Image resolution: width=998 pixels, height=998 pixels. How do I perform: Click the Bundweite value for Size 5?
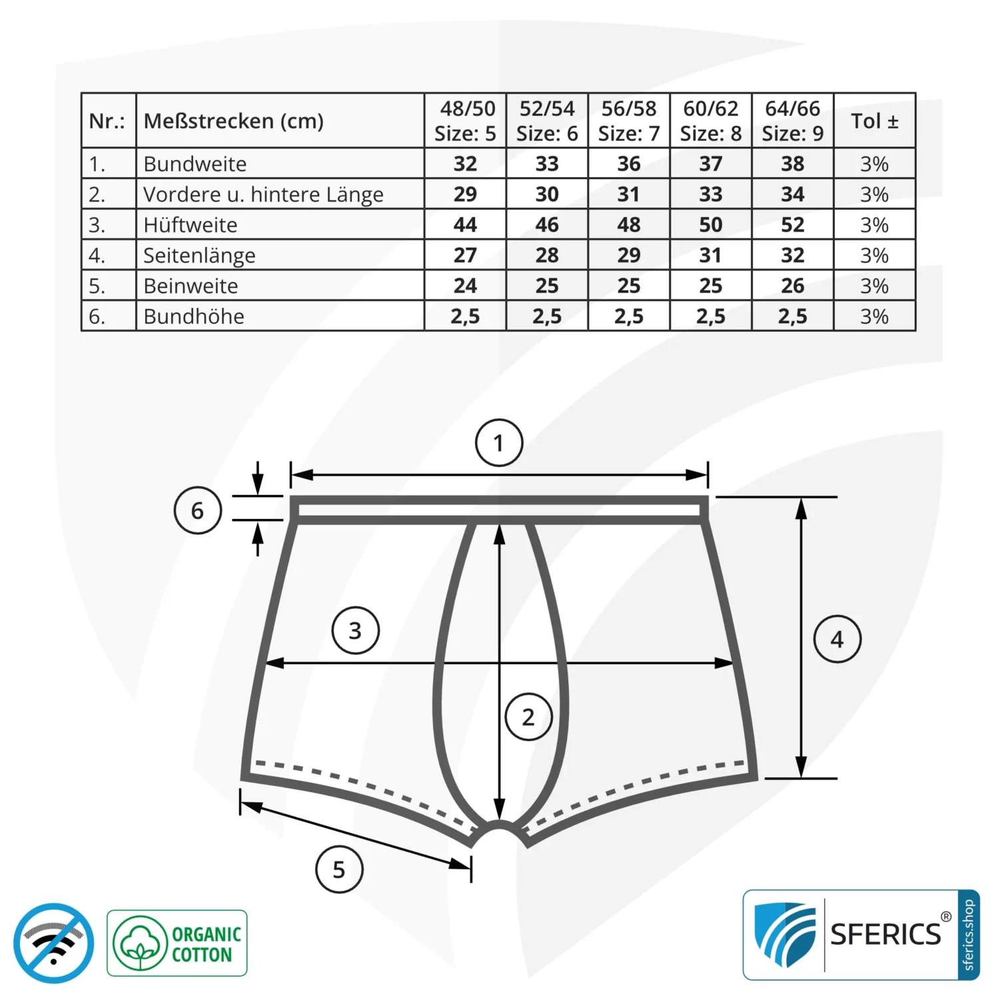coord(465,164)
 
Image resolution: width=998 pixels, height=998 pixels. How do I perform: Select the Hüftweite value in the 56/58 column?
coord(629,225)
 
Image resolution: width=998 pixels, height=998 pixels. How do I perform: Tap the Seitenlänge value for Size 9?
coord(792,255)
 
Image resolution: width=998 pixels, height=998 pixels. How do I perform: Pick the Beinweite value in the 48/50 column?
coord(465,286)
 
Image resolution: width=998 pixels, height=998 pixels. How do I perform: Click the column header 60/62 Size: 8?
coord(711,120)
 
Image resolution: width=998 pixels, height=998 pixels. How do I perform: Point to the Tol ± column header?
coord(874,121)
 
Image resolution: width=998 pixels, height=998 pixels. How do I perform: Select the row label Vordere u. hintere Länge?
coord(263,194)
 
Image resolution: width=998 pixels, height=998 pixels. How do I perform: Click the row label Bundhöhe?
coord(194,317)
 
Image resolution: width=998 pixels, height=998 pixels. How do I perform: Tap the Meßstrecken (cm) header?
coord(234,121)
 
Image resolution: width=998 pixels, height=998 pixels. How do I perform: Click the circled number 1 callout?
coord(499,443)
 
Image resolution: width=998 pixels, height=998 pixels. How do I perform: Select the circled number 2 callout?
coord(528,717)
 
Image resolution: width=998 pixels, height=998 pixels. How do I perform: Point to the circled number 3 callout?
coord(355,630)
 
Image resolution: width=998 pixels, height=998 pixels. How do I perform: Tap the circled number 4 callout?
coord(837,639)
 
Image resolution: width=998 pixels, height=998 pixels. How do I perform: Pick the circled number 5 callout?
coord(339,870)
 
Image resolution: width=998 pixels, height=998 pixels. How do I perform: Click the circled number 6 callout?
coord(198,510)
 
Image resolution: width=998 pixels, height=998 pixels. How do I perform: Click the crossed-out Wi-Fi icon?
coord(53,943)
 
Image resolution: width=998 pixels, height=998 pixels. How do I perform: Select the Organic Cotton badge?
coord(177,943)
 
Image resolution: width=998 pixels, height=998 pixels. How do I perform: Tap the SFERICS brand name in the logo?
coord(886,935)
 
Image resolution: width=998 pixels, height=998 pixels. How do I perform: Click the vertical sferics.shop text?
coord(968,935)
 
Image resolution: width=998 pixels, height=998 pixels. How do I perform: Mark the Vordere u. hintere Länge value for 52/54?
coord(547,194)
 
